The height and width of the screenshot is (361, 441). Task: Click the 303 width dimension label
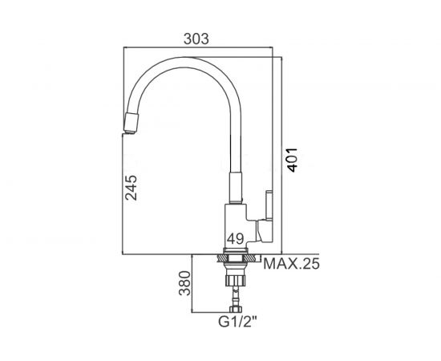click(x=196, y=39)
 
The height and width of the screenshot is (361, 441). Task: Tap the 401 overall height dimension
click(x=292, y=160)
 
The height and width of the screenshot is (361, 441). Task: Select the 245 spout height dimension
click(x=131, y=188)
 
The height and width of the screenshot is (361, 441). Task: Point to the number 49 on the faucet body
click(x=236, y=239)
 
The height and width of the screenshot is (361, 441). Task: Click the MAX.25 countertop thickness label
click(x=291, y=264)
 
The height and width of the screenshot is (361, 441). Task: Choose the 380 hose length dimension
click(x=185, y=283)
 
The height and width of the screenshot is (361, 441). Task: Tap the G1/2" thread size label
click(x=238, y=322)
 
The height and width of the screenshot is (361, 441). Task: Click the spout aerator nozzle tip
click(x=130, y=123)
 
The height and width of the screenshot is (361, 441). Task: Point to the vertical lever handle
click(x=269, y=205)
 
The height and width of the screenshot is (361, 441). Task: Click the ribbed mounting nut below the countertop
click(x=235, y=281)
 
